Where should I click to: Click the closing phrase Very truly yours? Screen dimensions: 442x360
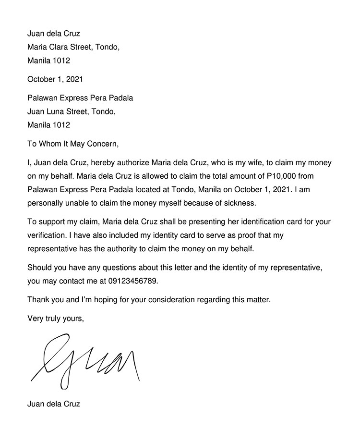point(56,318)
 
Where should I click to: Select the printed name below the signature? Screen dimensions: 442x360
point(54,404)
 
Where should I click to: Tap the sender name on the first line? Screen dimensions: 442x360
point(54,34)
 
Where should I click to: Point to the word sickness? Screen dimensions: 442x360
point(240,203)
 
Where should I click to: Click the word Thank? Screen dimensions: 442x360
point(38,300)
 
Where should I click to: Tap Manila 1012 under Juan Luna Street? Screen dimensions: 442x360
point(48,125)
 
